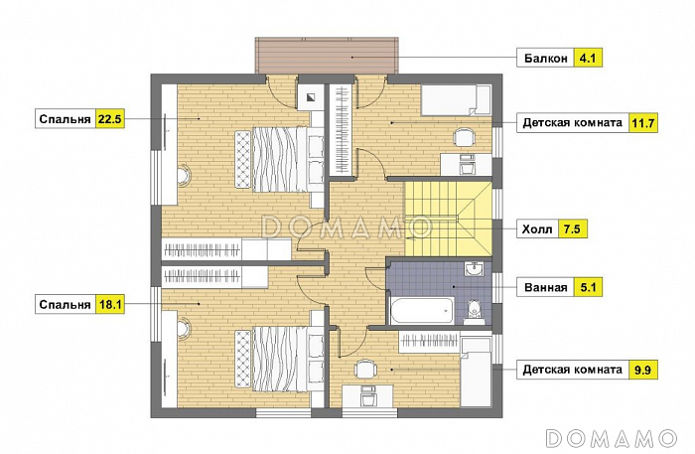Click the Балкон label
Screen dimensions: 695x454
point(546,58)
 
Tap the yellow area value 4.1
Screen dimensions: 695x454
point(588,58)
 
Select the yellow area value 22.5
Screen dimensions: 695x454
point(110,119)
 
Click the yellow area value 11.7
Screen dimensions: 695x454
point(643,122)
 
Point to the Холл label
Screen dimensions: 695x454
point(537,229)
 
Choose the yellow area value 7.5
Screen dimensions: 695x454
point(572,229)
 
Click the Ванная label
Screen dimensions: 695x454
point(546,287)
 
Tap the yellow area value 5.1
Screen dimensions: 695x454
point(588,287)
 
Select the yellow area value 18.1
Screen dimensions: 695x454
point(110,305)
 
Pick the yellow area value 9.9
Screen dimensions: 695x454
point(643,370)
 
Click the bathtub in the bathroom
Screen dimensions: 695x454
point(422,310)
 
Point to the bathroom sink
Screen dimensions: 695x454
point(474,268)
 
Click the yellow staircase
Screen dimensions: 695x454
point(448,219)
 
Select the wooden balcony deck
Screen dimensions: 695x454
point(327,56)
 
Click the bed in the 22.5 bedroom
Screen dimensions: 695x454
point(271,159)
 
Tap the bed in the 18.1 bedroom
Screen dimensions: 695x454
point(271,359)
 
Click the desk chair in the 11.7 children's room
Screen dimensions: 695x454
point(465,137)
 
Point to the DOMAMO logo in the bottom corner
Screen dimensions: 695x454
point(612,438)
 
